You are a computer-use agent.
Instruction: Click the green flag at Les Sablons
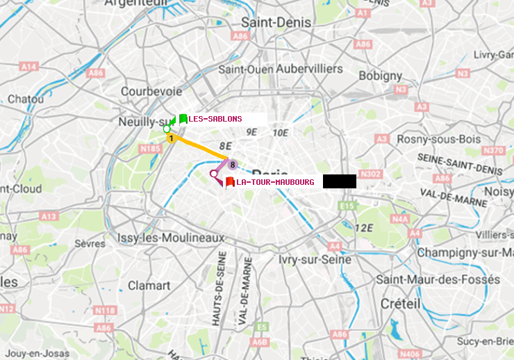183,119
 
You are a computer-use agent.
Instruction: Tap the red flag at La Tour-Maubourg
230,182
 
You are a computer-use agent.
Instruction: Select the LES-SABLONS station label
215,119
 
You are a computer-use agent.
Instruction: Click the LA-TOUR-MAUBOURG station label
275,182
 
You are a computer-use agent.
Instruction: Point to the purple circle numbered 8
233,165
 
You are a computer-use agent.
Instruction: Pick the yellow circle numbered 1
171,139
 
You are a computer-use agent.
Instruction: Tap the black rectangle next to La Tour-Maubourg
339,181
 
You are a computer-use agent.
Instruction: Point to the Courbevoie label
151,91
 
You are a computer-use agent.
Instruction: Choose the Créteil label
401,304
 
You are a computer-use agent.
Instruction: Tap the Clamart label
149,285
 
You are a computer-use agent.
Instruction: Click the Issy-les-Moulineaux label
171,238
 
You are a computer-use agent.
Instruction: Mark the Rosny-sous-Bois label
439,139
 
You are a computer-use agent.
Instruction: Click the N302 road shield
372,174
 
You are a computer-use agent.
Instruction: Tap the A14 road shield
28,66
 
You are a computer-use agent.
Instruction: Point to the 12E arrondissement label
364,227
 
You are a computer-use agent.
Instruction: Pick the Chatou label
26,99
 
